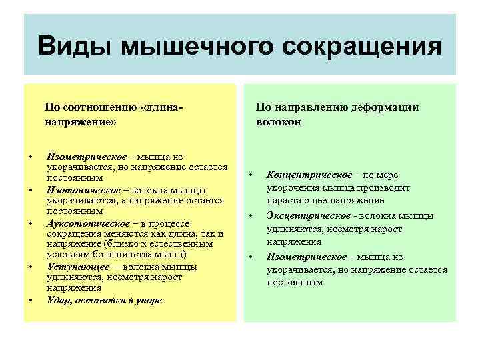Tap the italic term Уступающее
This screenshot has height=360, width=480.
pos(74,267)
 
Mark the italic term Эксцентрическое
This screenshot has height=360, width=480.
pos(309,215)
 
